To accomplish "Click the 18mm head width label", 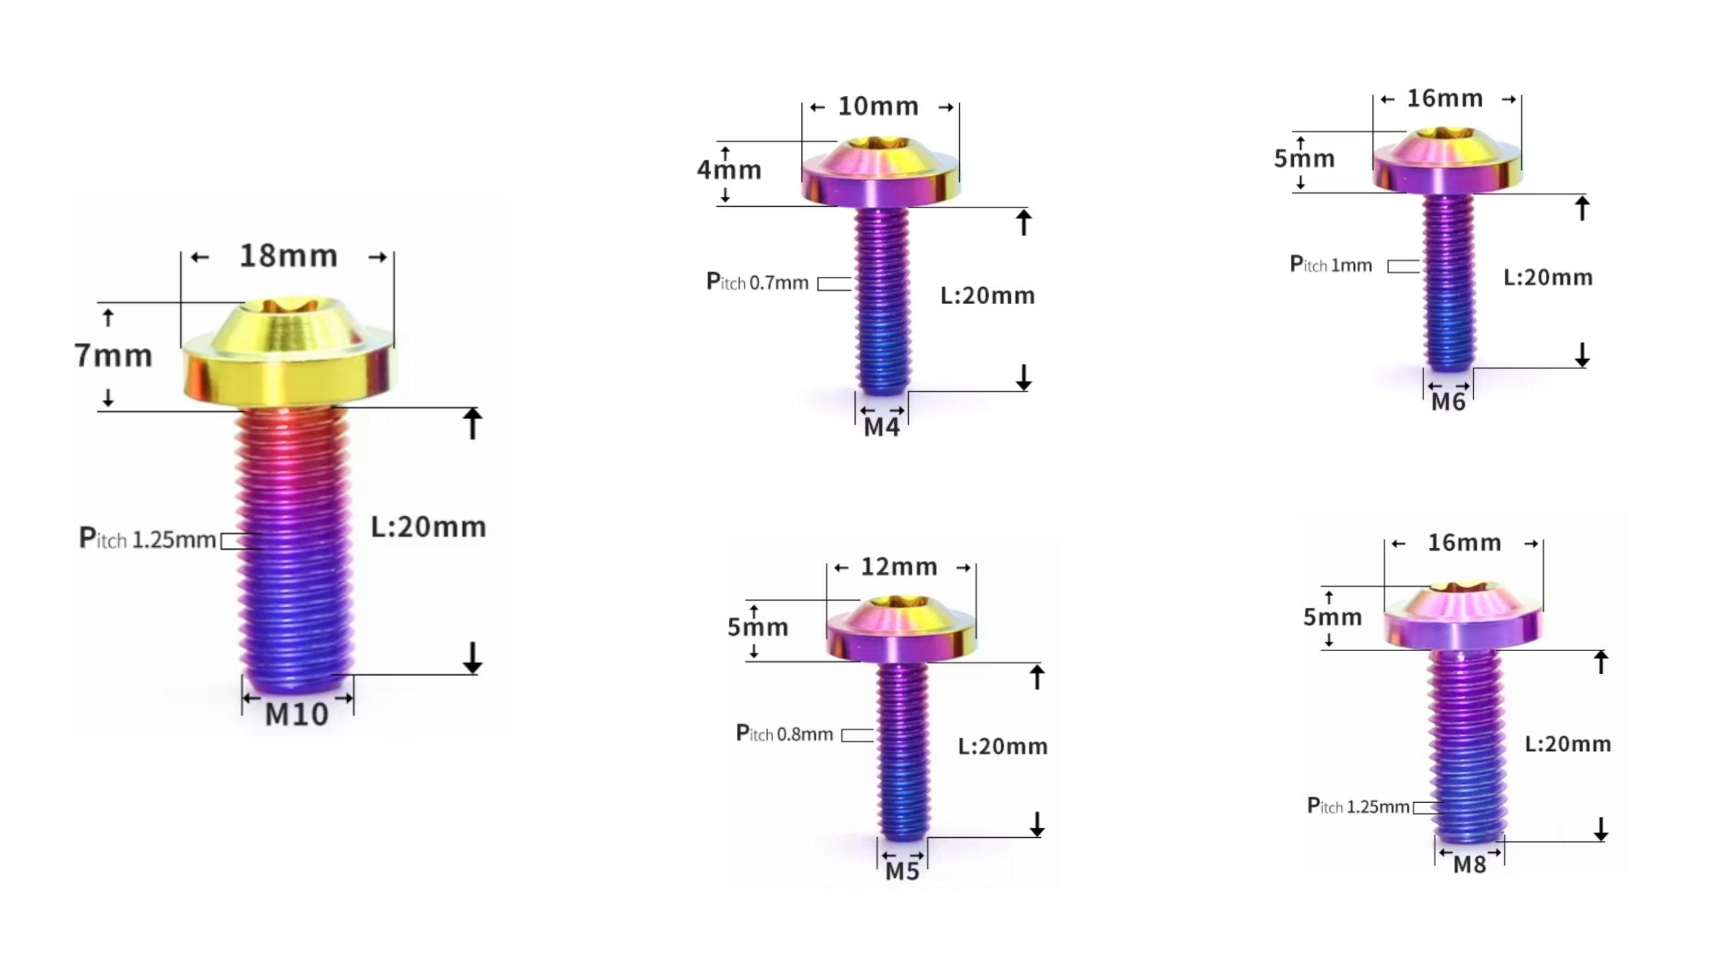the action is (289, 256).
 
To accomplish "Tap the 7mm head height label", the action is (113, 355).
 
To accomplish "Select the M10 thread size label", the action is (297, 715).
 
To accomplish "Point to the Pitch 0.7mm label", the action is (758, 282).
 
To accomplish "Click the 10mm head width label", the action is (878, 107).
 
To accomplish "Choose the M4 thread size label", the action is (881, 427).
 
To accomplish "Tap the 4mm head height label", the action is (729, 170).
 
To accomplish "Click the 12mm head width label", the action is (899, 567).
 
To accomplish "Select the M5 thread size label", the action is (903, 871).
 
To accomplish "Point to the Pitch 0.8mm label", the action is (785, 733).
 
